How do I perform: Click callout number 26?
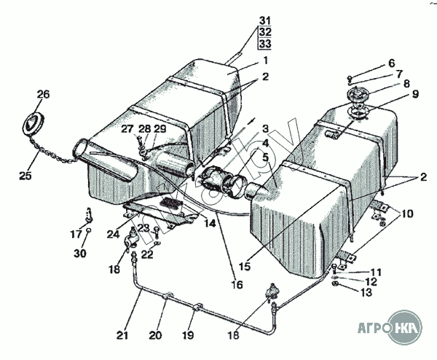pyautogui.click(x=43, y=95)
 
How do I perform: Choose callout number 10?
pyautogui.click(x=406, y=214)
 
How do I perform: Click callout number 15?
pyautogui.click(x=243, y=267)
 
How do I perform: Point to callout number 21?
pyautogui.click(x=123, y=335)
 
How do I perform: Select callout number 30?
pyautogui.click(x=79, y=253)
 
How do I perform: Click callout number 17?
pyautogui.click(x=76, y=235)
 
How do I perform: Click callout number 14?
pyautogui.click(x=210, y=224)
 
